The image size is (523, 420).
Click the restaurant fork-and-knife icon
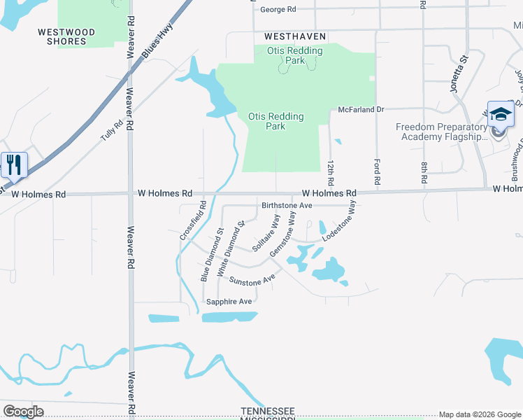pos(14,165)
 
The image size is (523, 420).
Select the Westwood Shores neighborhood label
pos(62,36)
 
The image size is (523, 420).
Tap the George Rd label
pos(278,10)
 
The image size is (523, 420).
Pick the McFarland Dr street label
pos(361,110)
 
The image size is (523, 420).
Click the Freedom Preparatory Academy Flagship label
pos(441,132)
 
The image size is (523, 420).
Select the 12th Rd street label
pos(331,171)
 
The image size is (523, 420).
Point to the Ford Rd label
pos(378,171)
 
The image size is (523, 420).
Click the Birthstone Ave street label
pos(286,206)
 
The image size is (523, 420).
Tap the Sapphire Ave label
pos(229,302)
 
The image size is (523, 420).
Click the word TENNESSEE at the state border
pos(267,410)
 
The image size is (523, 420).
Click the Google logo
pos(23,412)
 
